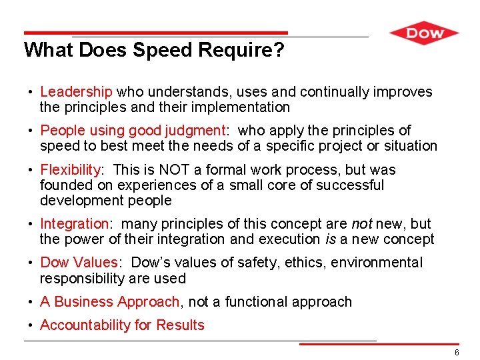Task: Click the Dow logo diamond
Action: tap(424, 33)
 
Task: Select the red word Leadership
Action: tap(76, 92)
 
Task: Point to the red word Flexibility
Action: tap(70, 170)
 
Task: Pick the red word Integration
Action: tap(73, 224)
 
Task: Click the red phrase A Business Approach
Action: tap(109, 302)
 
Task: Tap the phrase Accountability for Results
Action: tap(122, 325)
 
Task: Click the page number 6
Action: tap(457, 352)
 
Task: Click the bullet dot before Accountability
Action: tap(31, 325)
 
